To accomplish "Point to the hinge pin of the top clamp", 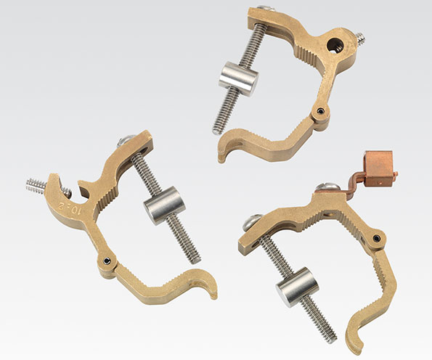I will point(320,111).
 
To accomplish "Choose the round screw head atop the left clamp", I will point(126,141).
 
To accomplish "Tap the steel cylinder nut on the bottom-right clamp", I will point(293,285).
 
